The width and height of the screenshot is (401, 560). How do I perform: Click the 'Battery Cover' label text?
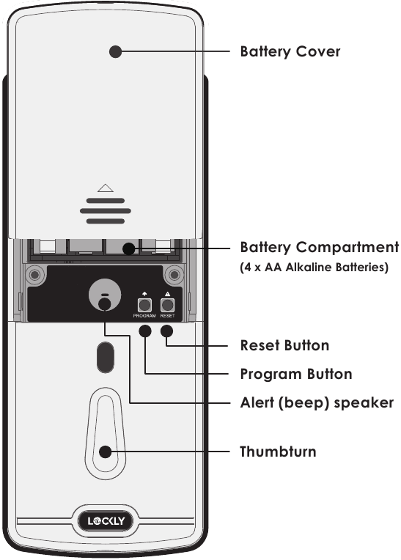tap(290, 52)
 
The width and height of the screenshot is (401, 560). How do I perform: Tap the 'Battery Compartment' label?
tap(320, 247)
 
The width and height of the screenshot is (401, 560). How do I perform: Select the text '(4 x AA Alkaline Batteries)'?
tap(314, 268)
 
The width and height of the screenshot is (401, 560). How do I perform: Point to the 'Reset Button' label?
tap(284, 345)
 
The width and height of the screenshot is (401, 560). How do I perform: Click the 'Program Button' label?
tap(296, 374)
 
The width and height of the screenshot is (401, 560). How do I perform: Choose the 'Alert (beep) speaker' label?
tap(317, 403)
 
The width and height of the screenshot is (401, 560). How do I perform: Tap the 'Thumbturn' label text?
tap(278, 452)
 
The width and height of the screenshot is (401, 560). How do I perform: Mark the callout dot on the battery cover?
tap(114, 51)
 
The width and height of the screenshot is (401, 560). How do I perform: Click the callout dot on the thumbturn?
tap(106, 452)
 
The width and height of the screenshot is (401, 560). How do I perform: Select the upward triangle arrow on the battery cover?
tap(105, 188)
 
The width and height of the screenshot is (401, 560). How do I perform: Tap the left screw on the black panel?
tap(33, 276)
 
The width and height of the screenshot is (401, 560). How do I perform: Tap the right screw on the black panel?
tap(174, 276)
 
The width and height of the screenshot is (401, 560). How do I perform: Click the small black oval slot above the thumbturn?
tap(105, 357)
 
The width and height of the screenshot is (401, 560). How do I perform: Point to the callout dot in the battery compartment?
tap(129, 248)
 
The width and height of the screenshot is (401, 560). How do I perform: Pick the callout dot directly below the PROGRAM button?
tap(145, 331)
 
